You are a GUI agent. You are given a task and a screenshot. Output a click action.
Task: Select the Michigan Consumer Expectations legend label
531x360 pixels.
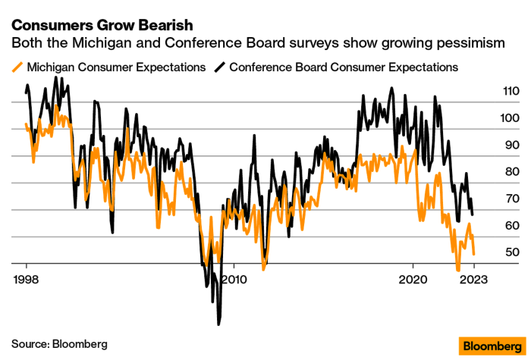pos(116,67)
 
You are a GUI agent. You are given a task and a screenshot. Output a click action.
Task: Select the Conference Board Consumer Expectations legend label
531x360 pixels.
pos(344,67)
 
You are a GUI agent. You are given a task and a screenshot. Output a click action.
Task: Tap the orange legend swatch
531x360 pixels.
pos(17,67)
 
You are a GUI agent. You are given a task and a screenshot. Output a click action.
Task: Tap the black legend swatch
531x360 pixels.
pos(220,67)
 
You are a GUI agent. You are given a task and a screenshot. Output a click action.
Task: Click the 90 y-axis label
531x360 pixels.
pos(491,145)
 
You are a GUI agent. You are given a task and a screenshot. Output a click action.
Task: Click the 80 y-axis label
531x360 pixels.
pos(491,172)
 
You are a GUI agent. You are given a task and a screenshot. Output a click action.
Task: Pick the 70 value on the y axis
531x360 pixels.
pos(491,199)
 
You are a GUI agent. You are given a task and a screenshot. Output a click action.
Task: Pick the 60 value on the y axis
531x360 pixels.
pos(491,226)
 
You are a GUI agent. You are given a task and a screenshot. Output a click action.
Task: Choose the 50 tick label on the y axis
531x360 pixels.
pos(491,252)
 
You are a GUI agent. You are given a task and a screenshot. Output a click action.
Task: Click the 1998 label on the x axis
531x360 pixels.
pos(26,277)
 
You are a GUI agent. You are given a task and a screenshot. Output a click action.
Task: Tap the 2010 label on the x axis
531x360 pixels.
pos(234,277)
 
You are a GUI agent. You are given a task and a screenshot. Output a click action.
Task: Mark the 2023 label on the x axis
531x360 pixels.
pos(474,277)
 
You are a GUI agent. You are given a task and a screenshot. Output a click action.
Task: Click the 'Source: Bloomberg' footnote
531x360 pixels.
pos(59,343)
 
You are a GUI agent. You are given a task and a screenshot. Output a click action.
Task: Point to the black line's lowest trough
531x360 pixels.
pos(218,324)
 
